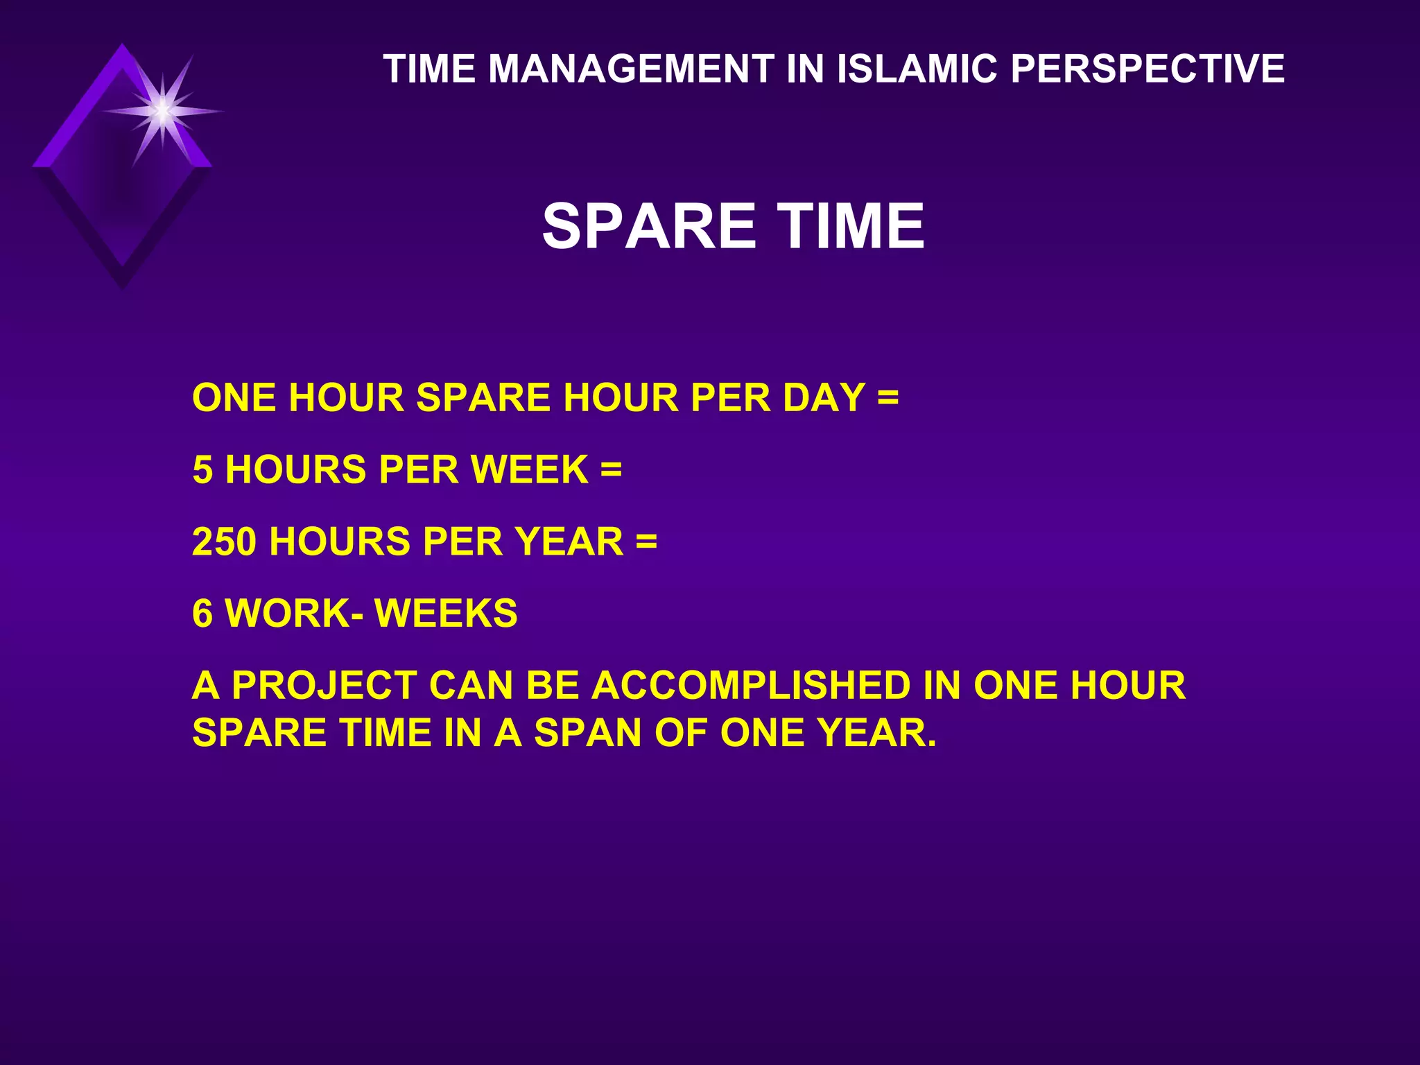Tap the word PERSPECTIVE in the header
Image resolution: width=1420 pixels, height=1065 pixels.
tap(1147, 69)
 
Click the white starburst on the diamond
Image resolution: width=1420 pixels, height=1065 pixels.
tap(162, 111)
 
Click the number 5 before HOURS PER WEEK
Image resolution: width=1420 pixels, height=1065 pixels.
tap(202, 470)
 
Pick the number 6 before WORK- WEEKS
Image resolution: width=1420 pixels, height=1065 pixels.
tap(202, 614)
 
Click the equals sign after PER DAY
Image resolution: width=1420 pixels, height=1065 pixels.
tap(887, 399)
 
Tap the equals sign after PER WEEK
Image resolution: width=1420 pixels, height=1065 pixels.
tap(611, 470)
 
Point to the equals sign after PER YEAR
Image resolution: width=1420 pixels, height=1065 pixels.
tap(646, 542)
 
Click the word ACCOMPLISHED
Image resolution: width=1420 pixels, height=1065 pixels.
tap(750, 686)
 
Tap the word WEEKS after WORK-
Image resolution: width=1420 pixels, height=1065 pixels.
tap(446, 614)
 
